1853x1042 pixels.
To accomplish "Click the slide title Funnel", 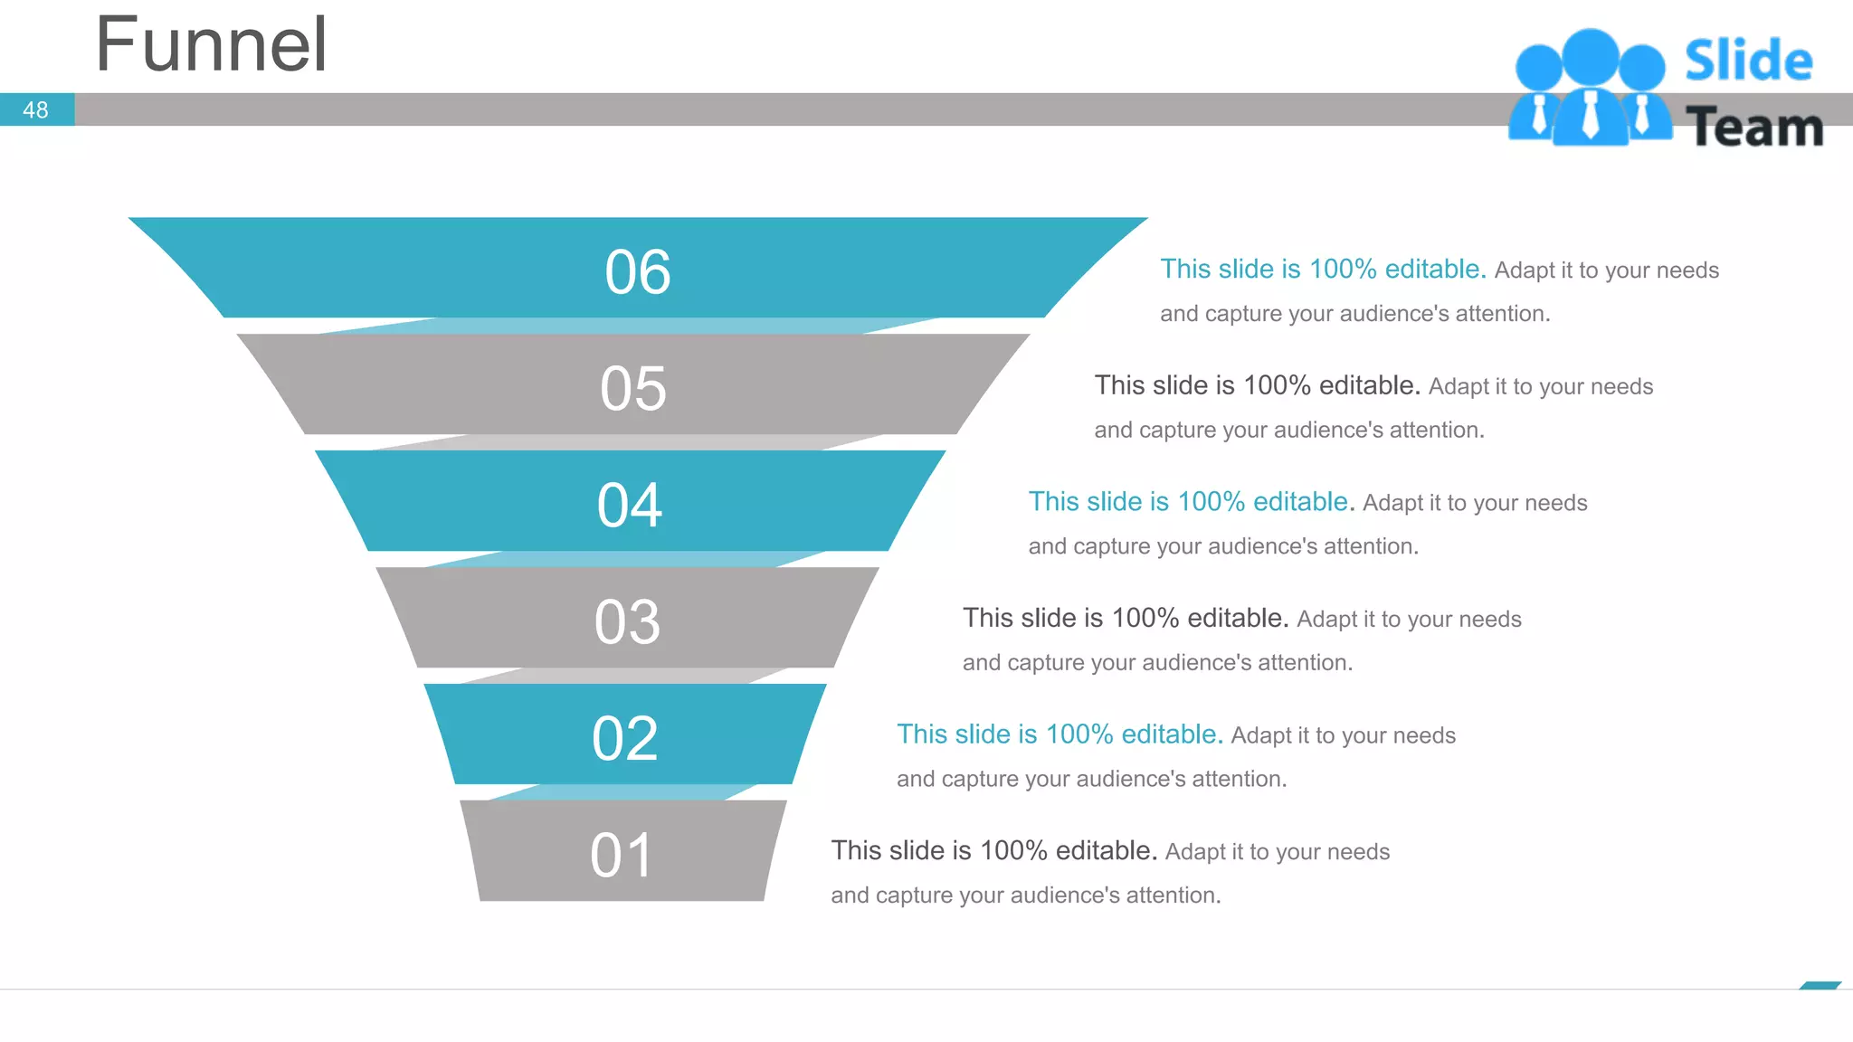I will point(211,45).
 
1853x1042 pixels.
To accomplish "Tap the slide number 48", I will point(35,110).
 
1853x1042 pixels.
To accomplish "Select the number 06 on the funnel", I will point(638,272).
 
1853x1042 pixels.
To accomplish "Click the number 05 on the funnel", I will point(633,389).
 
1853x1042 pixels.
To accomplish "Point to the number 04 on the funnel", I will point(630,506).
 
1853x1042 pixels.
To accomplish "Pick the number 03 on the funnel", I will point(627,622).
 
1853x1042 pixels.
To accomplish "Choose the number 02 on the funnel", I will point(625,739).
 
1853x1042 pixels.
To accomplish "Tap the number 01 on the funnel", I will point(622,856).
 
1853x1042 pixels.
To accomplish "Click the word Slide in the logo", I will point(1748,61).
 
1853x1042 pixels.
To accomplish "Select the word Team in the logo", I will point(1754,127).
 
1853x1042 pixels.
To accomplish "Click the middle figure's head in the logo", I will point(1590,57).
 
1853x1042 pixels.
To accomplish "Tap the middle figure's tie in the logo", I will point(1590,116).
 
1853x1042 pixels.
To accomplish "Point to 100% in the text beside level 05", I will point(1277,386).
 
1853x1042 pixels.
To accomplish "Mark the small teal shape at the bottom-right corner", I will point(1820,985).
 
